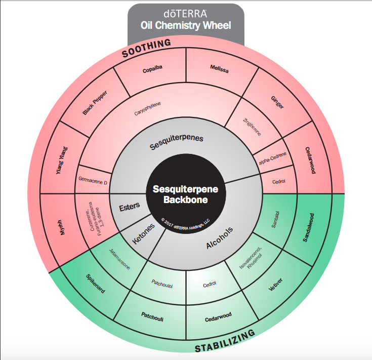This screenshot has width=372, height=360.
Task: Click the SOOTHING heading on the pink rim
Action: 146,47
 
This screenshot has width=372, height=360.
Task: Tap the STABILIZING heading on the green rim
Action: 225,342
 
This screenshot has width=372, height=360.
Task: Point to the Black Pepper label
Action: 95,103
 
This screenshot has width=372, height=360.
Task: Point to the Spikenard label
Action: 95,285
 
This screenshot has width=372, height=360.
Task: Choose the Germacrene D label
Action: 93,179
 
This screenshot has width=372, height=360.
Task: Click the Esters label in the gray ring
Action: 129,208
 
